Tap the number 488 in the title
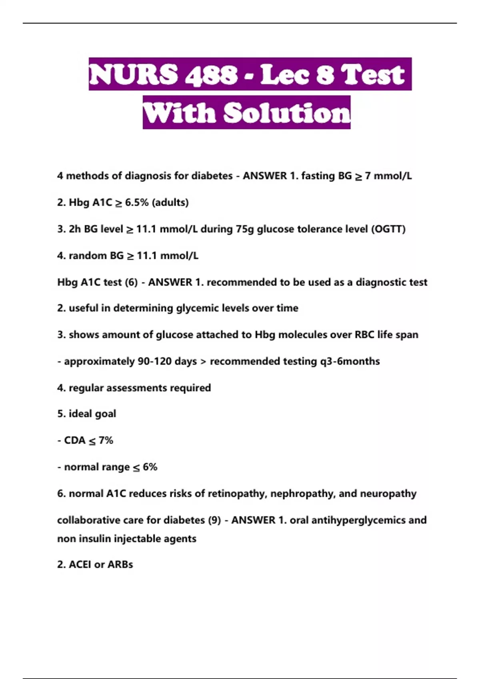(x=211, y=75)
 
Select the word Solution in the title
(x=287, y=113)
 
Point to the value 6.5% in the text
(x=137, y=203)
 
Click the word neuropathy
(x=388, y=494)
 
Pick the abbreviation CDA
(x=75, y=440)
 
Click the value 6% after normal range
(x=150, y=467)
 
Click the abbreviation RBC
(x=364, y=335)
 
